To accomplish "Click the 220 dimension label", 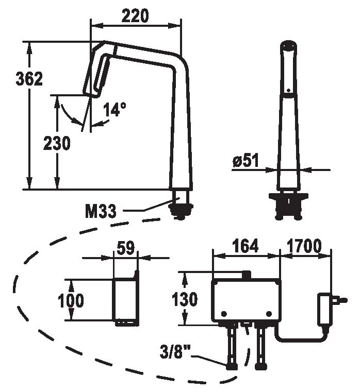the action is coord(135,16).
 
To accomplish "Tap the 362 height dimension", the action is coord(29,79).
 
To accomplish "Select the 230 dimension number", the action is coord(57,143).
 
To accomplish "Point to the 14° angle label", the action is coord(114,109).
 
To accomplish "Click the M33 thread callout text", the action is coord(101,211).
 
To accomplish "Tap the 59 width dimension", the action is coord(126,248).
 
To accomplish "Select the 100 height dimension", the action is coord(71,300).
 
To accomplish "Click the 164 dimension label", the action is coord(246,246).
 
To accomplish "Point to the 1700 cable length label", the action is coord(304,246).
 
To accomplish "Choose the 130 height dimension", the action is coord(185,299).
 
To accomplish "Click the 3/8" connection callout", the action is coord(175,352).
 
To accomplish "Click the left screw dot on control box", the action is coord(224,314).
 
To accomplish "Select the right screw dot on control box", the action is coord(269,314).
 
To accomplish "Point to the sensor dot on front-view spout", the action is coord(288,90).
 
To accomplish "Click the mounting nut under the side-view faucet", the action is coord(181,210).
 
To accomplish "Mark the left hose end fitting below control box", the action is coord(232,366).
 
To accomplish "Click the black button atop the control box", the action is coord(247,275).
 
